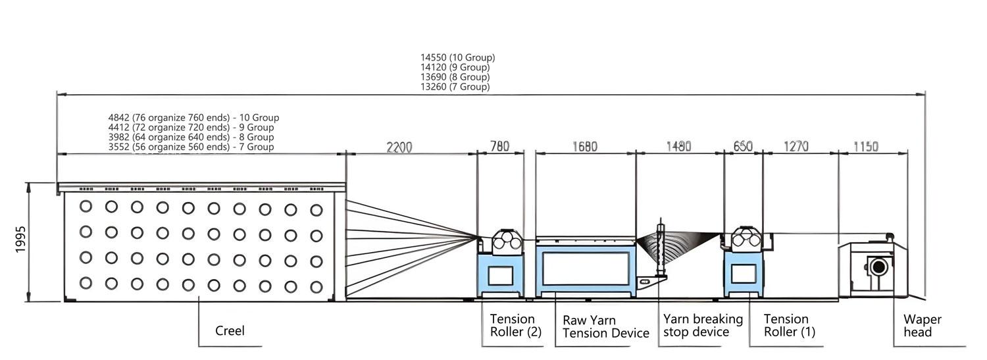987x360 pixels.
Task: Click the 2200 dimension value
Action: (399, 147)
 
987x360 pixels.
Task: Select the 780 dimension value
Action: (500, 147)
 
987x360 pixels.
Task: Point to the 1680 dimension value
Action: (584, 147)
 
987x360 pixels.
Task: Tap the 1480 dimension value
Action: (678, 147)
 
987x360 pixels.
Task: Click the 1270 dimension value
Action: (796, 147)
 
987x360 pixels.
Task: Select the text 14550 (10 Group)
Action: (457, 57)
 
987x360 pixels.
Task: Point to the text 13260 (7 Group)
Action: (455, 87)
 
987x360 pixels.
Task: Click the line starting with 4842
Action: (193, 118)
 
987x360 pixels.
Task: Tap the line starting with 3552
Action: (191, 147)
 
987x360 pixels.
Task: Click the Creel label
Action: (230, 330)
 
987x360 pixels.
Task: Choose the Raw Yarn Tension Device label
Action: (605, 326)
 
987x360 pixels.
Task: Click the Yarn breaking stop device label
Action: (703, 325)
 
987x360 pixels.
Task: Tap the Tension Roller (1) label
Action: (789, 325)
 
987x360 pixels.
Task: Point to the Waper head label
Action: (922, 326)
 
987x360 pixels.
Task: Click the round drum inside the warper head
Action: (878, 267)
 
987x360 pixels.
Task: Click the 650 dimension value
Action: (743, 147)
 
